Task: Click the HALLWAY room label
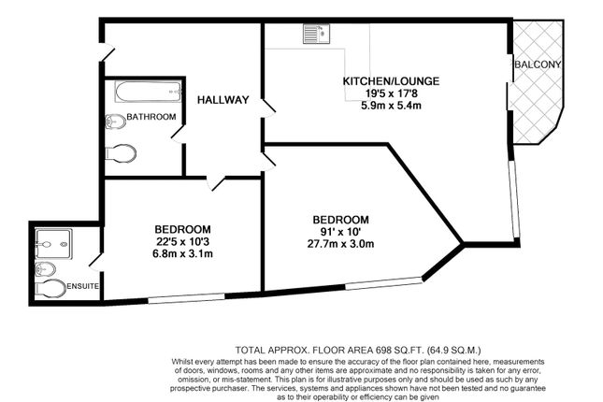223,100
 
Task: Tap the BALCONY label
538,65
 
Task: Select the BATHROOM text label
151,117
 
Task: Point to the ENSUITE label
82,287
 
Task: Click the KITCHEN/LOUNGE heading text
391,81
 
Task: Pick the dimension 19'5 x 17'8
391,93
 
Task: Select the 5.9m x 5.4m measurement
391,105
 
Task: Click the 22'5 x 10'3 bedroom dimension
182,241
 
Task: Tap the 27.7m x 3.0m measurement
340,244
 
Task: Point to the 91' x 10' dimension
340,232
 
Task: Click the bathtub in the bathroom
148,92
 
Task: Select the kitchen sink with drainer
316,34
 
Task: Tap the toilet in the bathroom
121,153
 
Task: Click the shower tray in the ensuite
53,244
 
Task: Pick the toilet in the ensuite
50,289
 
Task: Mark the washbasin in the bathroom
115,122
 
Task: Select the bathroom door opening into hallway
178,134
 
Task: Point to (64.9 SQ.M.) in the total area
453,351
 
